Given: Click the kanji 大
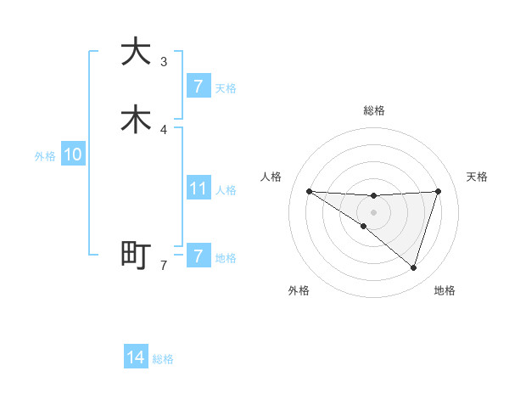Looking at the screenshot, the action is click(x=136, y=52).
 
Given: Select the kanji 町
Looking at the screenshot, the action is click(x=136, y=255).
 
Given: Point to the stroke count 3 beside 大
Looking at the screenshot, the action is click(x=164, y=61).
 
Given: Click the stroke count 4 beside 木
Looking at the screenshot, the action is click(x=164, y=129).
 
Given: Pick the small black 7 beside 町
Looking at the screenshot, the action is click(x=164, y=266).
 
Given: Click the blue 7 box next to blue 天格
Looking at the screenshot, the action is click(x=198, y=86).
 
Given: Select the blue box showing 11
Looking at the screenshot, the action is click(x=198, y=188).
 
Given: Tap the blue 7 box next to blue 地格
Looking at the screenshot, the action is click(x=198, y=256).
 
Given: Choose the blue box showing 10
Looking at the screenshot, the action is click(x=73, y=155).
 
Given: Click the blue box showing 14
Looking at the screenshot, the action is click(x=136, y=357).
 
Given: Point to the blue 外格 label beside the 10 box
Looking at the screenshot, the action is click(x=45, y=156).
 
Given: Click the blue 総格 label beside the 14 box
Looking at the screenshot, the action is click(x=163, y=359).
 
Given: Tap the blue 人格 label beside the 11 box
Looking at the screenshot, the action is click(x=227, y=190).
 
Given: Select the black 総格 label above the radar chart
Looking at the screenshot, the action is click(x=373, y=110).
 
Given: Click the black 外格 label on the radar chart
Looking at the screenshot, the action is click(x=299, y=290).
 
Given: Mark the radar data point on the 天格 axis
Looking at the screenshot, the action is click(x=439, y=191).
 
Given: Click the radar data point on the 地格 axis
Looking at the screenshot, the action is click(x=413, y=267).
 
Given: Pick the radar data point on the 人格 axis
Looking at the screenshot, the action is click(x=309, y=191).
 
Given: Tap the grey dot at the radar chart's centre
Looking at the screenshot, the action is click(x=373, y=211).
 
